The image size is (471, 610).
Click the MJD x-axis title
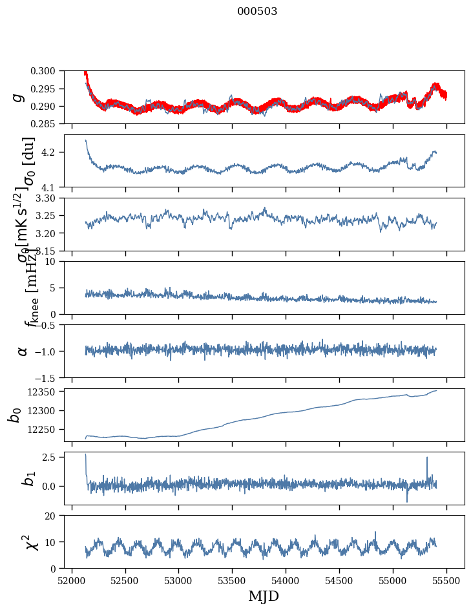coord(264,596)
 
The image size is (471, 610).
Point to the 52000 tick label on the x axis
coord(72,580)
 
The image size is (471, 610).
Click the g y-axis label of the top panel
coord(19,97)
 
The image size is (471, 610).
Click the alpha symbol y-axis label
coord(23,351)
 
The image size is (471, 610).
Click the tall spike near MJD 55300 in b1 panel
coord(427,458)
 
